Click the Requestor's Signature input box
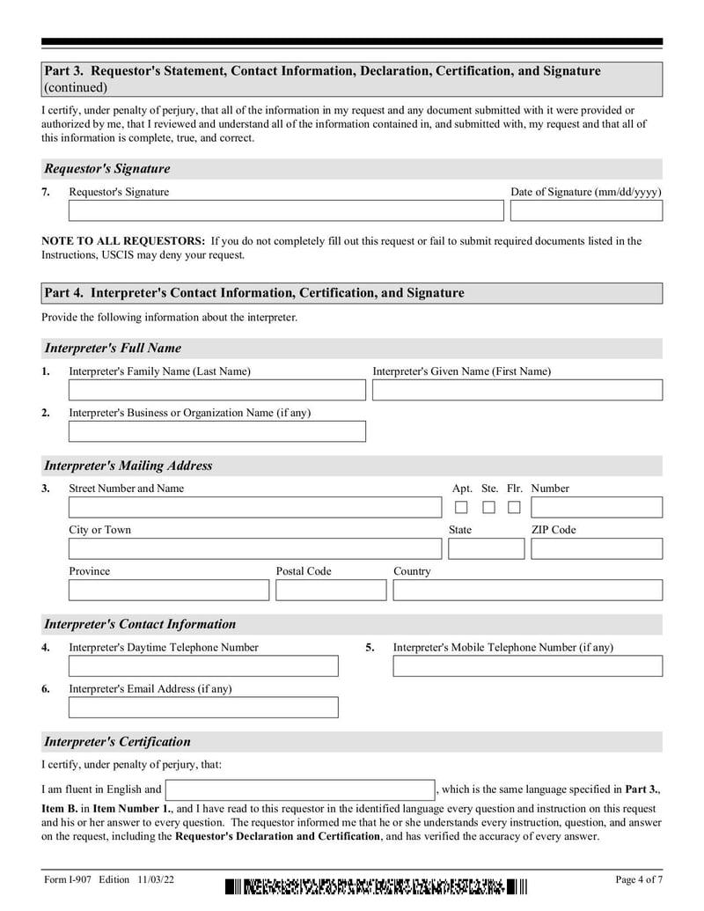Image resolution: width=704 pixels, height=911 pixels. pyautogui.click(x=286, y=211)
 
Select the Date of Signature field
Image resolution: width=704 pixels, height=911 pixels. pyautogui.click(x=586, y=211)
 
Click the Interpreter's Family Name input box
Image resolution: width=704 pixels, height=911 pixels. pyautogui.click(x=216, y=390)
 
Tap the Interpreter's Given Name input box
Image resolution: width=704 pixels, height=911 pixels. pyautogui.click(x=517, y=390)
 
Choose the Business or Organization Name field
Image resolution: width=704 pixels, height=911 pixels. pyautogui.click(x=216, y=431)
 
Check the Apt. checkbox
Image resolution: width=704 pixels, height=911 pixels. pyautogui.click(x=461, y=508)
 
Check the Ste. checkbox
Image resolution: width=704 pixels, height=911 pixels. pyautogui.click(x=488, y=508)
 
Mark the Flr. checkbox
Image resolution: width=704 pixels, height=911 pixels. pyautogui.click(x=514, y=508)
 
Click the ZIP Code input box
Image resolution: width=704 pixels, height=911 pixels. pyautogui.click(x=596, y=549)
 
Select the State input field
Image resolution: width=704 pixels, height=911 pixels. pyautogui.click(x=486, y=549)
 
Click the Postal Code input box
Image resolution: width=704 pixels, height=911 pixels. pyautogui.click(x=330, y=590)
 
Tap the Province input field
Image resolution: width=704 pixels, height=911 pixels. pyautogui.click(x=169, y=590)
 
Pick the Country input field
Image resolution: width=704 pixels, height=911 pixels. pyautogui.click(x=527, y=590)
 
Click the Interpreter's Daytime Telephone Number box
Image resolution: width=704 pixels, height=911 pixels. pyautogui.click(x=203, y=666)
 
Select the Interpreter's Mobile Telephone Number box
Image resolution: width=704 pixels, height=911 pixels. pyautogui.click(x=527, y=666)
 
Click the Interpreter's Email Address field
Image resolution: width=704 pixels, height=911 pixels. pyautogui.click(x=203, y=708)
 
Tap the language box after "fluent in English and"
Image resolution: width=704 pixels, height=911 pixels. pyautogui.click(x=300, y=790)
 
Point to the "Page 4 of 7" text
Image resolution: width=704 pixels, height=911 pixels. pyautogui.click(x=638, y=880)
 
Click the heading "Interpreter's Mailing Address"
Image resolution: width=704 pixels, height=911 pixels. pyautogui.click(x=128, y=466)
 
